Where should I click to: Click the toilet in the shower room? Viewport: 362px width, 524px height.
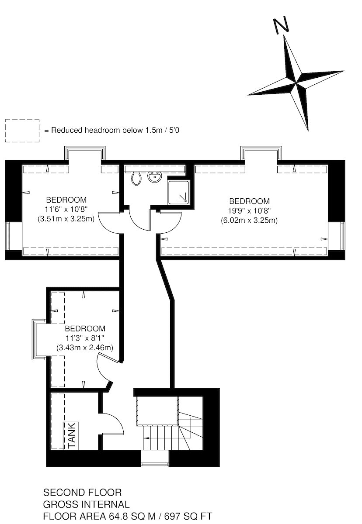136,178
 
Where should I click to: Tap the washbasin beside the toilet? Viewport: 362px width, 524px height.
154,176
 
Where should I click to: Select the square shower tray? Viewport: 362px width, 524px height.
178,193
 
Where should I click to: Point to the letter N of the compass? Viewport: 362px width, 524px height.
281,24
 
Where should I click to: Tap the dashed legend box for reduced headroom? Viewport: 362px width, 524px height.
22,131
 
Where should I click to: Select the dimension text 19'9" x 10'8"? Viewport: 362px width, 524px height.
249,211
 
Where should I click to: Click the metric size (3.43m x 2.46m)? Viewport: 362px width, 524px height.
85,348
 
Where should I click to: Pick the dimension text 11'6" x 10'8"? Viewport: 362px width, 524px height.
66,209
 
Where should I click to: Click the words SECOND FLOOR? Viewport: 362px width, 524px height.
83,493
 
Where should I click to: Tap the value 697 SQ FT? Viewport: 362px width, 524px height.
188,516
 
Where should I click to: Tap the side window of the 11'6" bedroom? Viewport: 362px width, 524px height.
8,236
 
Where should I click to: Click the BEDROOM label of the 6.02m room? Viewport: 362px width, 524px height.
249,201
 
